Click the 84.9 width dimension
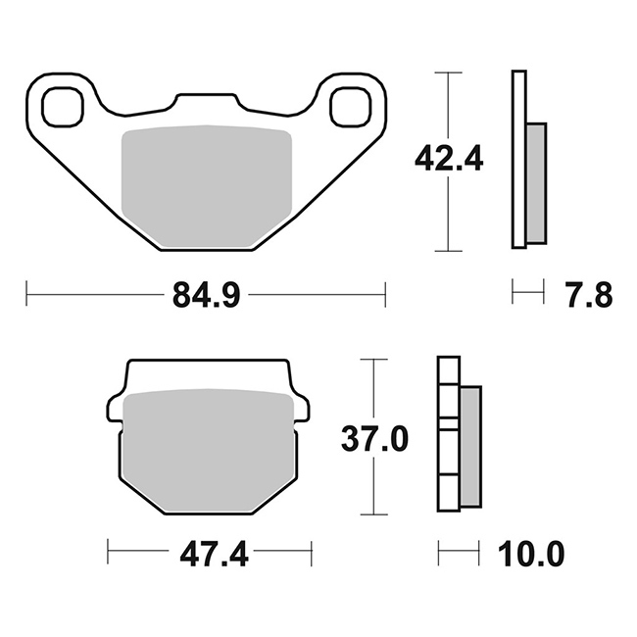click(207, 295)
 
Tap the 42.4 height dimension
click(449, 158)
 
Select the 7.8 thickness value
click(590, 295)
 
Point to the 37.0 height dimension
click(374, 439)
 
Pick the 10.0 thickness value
click(531, 554)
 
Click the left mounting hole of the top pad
click(63, 106)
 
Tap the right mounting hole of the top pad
click(351, 106)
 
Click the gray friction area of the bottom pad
click(209, 449)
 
